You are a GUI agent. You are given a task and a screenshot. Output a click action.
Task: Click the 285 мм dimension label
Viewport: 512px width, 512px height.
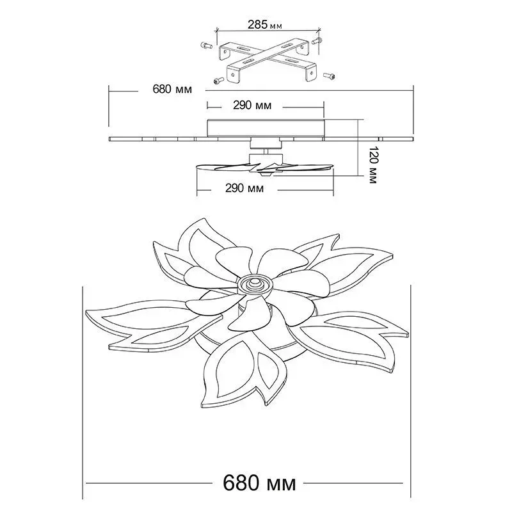265,24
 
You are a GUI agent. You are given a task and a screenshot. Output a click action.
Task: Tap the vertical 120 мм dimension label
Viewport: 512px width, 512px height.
373,165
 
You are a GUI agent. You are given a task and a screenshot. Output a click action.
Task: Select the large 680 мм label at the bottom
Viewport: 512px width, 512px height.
260,483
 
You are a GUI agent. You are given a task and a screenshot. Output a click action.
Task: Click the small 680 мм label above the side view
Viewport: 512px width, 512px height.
172,89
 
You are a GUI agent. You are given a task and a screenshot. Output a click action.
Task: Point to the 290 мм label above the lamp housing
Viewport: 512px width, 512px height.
252,105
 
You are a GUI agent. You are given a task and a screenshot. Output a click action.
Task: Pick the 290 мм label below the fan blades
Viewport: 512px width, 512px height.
244,188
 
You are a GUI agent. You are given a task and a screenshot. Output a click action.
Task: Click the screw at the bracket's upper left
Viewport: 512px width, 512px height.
205,45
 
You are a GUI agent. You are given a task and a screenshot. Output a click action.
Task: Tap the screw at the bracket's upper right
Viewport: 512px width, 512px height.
317,41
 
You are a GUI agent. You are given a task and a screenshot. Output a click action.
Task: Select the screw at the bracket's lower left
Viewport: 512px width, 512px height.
218,80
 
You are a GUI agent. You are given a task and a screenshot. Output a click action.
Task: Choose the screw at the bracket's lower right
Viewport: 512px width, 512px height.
329,76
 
